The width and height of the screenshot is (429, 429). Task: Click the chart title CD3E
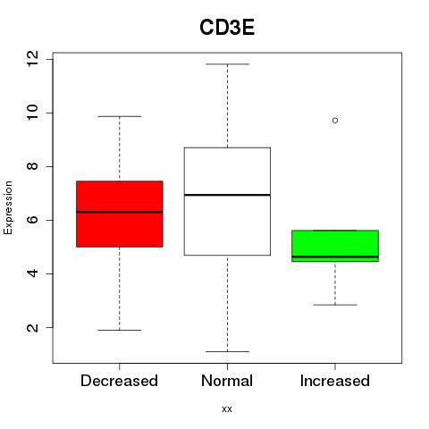pos(227,28)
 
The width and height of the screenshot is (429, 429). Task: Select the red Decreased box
pos(120,214)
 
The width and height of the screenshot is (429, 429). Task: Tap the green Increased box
pos(335,246)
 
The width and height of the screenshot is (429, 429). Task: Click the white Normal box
pos(227,201)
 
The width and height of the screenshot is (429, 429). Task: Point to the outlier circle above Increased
pos(335,121)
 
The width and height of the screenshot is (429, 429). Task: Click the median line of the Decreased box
pos(120,212)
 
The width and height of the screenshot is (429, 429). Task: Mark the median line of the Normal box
pos(227,195)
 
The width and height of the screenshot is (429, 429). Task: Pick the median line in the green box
pos(335,257)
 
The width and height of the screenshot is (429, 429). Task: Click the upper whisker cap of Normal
pos(227,64)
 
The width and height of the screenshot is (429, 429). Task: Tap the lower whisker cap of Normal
pos(227,351)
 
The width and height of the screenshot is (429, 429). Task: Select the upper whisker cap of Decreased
pos(120,116)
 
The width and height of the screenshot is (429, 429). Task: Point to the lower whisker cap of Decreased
pos(120,330)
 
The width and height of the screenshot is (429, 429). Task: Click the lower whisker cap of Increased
pos(335,305)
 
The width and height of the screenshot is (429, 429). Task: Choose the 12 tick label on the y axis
pos(33,59)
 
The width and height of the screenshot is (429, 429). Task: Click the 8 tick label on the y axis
pos(33,166)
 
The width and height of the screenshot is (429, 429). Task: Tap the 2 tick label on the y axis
pos(33,327)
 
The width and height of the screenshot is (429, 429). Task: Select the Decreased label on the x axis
pos(119,381)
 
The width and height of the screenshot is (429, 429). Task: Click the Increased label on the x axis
pos(335,381)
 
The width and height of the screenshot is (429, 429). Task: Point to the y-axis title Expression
pos(8,207)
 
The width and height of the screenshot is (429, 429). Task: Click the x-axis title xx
pos(227,409)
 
